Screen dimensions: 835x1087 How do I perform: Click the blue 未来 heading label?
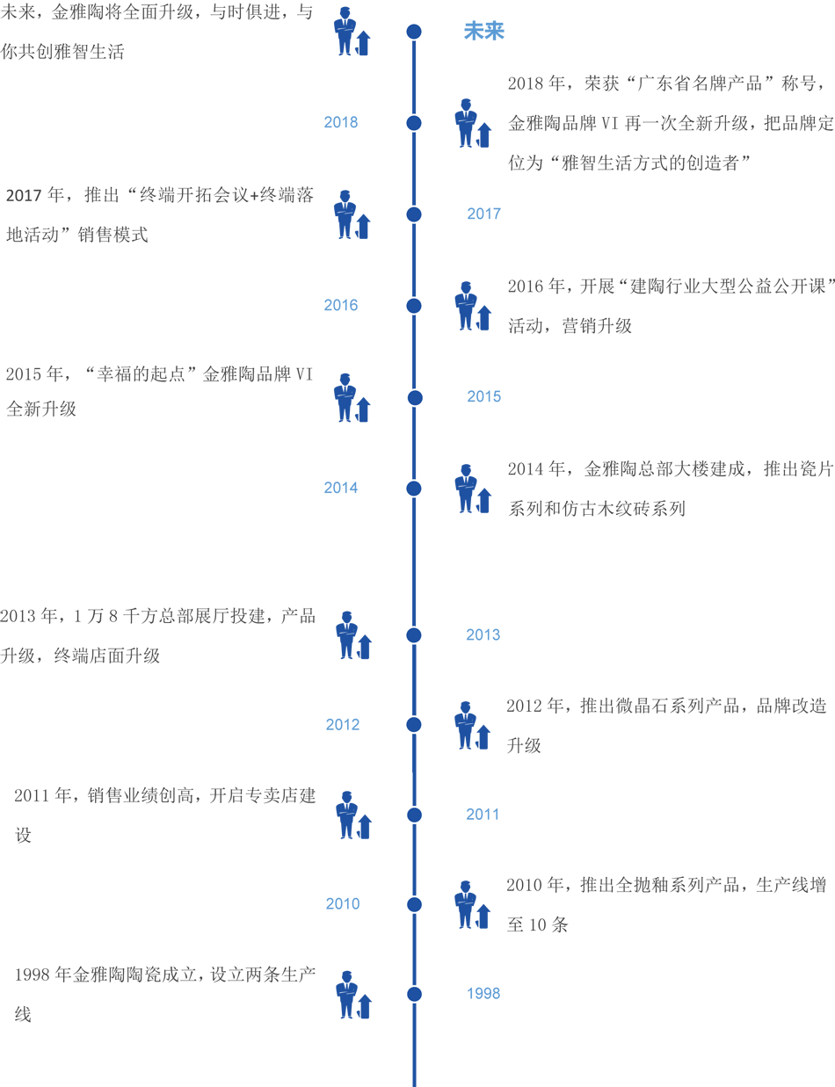point(483,31)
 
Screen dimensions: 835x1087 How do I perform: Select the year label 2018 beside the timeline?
point(341,122)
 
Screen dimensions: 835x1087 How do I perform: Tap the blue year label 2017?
point(483,214)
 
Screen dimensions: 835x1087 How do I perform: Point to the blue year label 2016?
point(341,305)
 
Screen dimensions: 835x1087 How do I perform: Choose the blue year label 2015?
point(483,396)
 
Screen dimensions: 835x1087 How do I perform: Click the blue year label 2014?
point(341,488)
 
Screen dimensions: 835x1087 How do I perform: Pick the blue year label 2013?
point(483,634)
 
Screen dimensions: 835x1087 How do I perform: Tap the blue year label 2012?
point(343,724)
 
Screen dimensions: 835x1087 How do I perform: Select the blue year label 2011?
point(483,814)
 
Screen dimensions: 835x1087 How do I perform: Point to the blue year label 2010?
point(343,903)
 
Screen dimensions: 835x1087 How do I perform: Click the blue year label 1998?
point(483,993)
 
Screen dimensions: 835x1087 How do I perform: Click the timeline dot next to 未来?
point(414,32)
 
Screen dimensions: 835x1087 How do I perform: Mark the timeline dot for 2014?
point(414,489)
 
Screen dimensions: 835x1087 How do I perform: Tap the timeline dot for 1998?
point(414,994)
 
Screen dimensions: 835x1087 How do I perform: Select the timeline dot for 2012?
point(414,724)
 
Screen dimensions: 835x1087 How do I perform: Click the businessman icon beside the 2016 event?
point(473,306)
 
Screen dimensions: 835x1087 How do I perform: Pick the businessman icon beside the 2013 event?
point(353,634)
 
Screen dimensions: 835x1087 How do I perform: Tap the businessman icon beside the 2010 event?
point(473,904)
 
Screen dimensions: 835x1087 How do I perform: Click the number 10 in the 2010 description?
point(537,925)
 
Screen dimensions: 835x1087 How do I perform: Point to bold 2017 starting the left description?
point(24,195)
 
